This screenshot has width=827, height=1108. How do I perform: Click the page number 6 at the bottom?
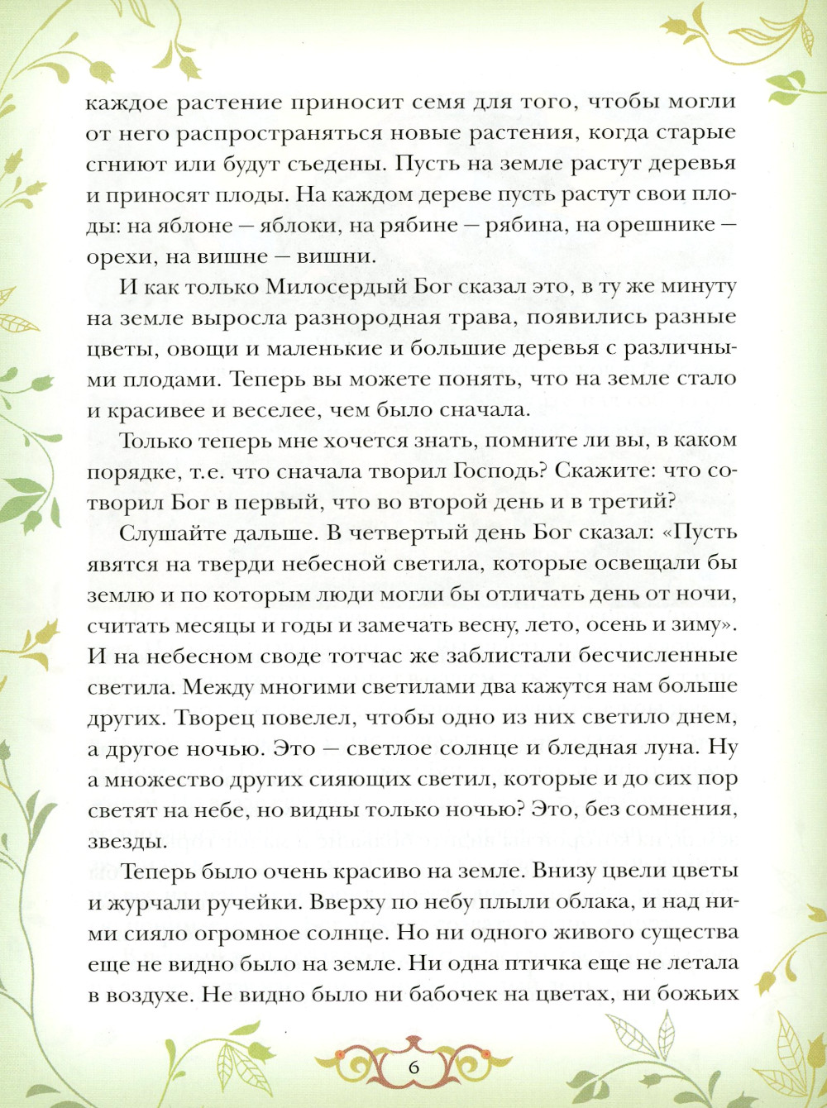click(413, 1067)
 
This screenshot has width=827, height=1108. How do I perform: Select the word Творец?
click(211, 717)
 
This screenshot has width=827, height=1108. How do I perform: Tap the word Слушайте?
click(170, 533)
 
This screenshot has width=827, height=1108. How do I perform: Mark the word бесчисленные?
click(657, 656)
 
